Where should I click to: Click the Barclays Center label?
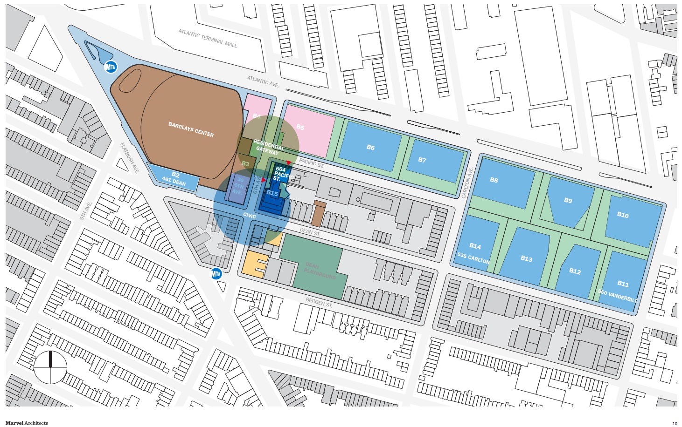(191, 129)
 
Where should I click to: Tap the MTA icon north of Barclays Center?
(111, 67)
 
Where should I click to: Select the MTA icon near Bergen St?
(216, 274)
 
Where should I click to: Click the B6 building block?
(370, 147)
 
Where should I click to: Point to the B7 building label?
(422, 160)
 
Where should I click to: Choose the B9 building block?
(567, 200)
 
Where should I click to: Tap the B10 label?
(623, 215)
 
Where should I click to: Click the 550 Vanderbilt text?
(617, 294)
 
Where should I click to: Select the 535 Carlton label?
(473, 257)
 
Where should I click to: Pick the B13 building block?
(526, 258)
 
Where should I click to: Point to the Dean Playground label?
(320, 271)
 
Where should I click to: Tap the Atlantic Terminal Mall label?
(208, 38)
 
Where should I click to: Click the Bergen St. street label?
(319, 303)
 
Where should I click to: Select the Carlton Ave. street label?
(467, 183)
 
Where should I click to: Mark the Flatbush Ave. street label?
(130, 158)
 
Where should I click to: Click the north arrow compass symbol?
(50, 367)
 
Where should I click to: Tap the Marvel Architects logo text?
(27, 423)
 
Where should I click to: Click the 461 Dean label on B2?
(174, 181)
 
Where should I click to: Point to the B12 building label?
(575, 271)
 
